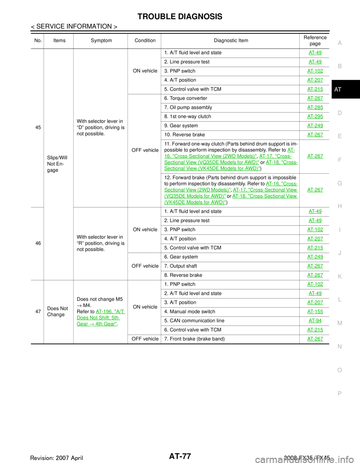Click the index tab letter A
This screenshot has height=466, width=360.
(x=339, y=43)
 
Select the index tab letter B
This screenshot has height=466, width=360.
(x=339, y=66)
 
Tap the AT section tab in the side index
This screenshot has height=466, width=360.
(x=338, y=90)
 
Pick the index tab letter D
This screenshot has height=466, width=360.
(x=339, y=113)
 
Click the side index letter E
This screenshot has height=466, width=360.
(x=339, y=136)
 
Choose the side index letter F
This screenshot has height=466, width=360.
(x=339, y=160)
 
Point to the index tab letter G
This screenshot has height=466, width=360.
(x=339, y=183)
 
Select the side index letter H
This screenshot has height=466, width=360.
(x=339, y=206)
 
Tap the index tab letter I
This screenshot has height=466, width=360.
(x=339, y=230)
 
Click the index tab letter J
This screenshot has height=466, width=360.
(x=339, y=253)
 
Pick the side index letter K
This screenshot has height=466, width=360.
(x=339, y=277)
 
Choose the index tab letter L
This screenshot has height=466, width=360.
(x=339, y=300)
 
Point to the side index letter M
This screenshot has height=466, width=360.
(x=339, y=323)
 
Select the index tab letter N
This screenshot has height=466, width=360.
(x=339, y=347)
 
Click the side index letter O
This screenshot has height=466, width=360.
(x=339, y=370)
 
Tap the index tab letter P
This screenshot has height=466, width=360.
(x=339, y=393)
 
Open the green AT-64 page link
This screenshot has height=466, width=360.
(x=315, y=321)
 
